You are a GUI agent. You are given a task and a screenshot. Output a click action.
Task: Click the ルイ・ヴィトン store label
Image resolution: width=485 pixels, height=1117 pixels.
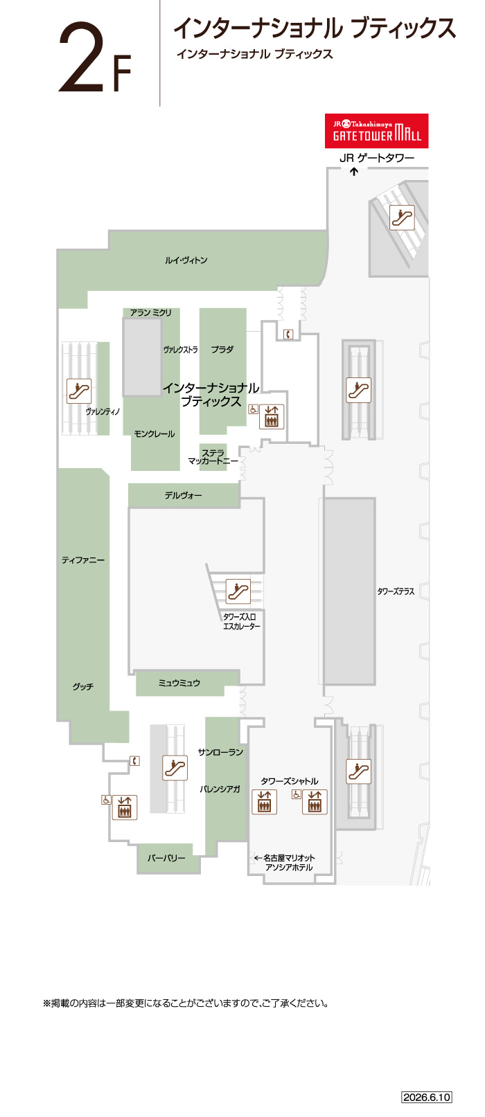186,260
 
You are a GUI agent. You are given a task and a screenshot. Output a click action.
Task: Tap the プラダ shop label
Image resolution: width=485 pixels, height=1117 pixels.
222,350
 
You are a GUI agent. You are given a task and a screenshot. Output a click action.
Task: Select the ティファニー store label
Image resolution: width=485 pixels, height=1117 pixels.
83,560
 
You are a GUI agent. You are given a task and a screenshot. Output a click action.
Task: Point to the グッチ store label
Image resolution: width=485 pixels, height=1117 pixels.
83,687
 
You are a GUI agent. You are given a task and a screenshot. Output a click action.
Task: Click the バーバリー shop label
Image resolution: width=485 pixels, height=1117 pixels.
166,858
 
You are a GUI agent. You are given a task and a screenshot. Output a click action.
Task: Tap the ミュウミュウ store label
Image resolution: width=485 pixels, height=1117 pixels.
179,683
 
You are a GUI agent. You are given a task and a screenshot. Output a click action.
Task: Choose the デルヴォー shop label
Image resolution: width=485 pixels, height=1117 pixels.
183,495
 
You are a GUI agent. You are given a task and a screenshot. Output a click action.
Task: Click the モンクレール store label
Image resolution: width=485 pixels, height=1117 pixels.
155,434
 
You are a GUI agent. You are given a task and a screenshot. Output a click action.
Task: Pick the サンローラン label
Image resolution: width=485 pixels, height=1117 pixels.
220,752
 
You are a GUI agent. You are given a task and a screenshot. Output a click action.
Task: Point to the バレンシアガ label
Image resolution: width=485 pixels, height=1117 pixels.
220,789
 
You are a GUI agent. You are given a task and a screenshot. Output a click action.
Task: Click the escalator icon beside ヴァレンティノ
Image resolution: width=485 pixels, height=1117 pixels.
80,391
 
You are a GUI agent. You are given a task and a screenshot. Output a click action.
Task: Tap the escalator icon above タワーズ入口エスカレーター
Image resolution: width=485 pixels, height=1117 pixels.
238,591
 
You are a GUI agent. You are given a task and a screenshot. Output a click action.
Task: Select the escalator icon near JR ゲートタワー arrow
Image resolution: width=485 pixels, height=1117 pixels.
402,217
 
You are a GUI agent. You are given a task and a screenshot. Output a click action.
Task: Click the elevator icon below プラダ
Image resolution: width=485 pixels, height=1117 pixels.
272,416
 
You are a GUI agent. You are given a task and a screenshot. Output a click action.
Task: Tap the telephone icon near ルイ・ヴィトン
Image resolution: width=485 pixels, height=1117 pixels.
288,334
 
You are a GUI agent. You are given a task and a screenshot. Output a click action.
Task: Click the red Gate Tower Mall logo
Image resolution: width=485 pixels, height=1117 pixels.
377,131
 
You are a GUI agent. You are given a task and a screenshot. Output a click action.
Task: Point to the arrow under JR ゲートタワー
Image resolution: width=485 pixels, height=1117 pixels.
354,172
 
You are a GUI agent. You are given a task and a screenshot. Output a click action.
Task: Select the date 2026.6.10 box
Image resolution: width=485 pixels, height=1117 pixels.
427,1097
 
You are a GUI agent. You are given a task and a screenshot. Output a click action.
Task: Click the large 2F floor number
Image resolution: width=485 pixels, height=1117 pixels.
95,58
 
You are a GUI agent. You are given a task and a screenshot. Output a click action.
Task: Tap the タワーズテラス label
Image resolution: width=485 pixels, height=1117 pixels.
396,591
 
